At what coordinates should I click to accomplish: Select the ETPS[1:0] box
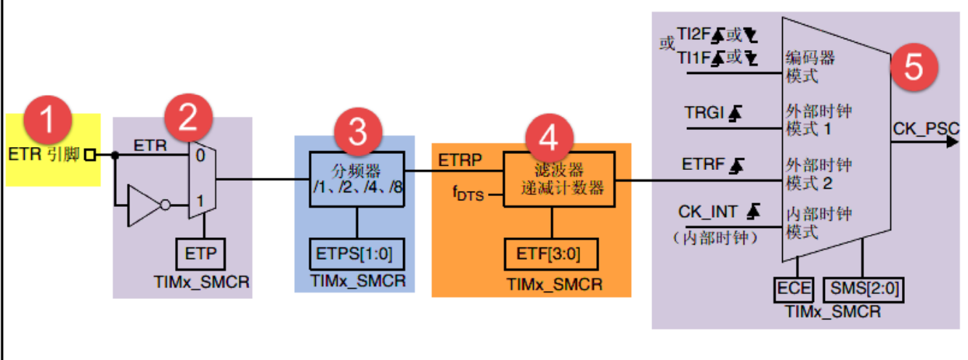click(x=355, y=255)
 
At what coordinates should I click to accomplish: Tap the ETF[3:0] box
click(x=552, y=255)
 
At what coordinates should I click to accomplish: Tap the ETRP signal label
click(x=459, y=161)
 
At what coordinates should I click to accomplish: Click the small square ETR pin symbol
click(x=90, y=155)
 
